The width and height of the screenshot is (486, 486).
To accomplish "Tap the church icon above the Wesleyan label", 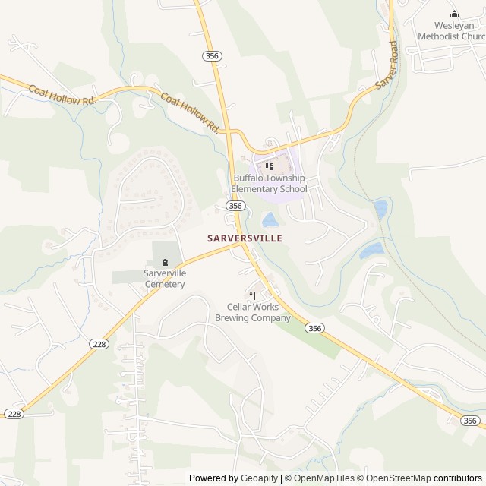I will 454,14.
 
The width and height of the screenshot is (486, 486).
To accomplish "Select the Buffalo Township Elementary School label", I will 270,183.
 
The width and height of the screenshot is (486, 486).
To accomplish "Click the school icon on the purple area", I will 269,166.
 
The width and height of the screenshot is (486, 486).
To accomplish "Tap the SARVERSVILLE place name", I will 245,238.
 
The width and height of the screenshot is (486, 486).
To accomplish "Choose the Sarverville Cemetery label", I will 165,279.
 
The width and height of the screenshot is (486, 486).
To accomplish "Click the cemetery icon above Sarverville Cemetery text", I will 165,263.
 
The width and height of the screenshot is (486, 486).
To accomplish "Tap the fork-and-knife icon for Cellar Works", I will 252,295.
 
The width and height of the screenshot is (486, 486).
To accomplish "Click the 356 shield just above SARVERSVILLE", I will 235,206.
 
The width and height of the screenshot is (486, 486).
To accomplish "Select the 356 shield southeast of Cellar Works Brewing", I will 315,327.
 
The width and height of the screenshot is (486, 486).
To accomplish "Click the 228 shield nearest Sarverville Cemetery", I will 99,344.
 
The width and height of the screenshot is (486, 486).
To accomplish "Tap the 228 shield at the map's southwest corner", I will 13,413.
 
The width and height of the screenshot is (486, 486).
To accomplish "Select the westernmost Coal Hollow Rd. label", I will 63,95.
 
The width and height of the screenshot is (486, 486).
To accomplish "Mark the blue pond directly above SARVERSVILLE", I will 269,220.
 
